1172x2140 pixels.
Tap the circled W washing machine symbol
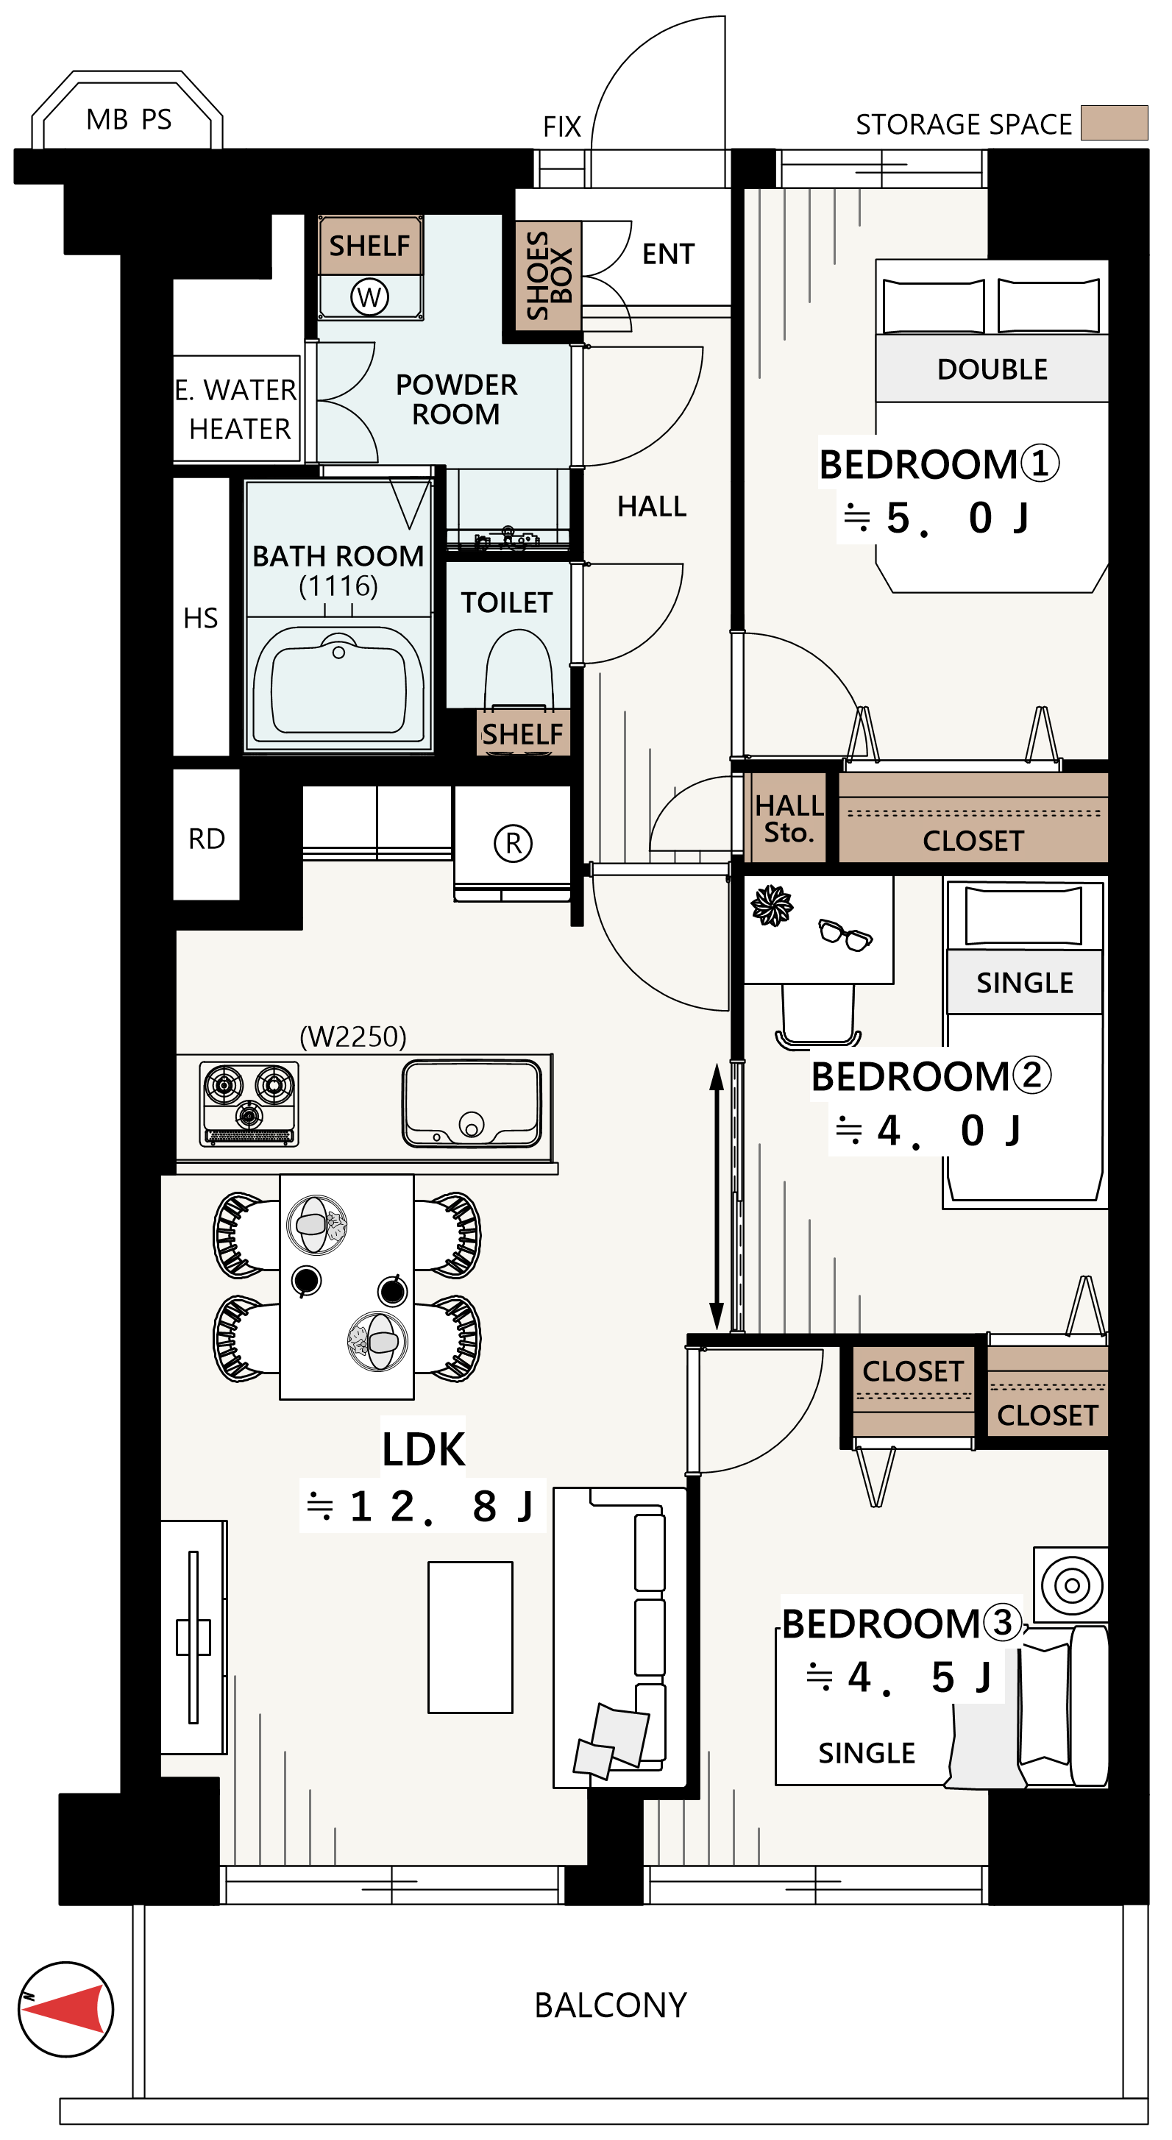369,296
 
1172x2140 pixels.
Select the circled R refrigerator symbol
514,843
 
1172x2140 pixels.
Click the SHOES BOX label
549,275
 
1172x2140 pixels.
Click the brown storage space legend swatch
1114,123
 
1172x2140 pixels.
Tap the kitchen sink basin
472,1103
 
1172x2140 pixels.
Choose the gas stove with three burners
249,1104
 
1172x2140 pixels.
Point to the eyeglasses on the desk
845,934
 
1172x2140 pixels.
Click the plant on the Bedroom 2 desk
772,906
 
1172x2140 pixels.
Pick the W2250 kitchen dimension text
353,1037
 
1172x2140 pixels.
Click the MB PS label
129,120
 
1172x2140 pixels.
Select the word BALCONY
611,2005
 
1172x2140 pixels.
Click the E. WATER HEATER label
236,409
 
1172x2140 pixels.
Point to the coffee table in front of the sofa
470,1638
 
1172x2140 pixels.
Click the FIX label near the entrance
561,127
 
